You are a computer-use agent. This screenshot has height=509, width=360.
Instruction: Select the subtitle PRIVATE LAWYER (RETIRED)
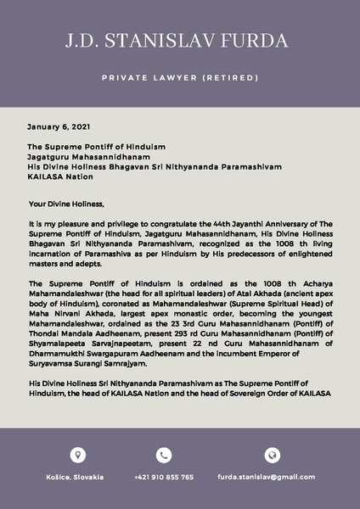click(179, 77)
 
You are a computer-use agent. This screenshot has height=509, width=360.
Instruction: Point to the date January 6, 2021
click(58, 126)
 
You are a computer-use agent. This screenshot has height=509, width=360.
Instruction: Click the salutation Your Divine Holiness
click(65, 203)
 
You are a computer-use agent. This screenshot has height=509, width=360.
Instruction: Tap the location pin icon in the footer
click(77, 456)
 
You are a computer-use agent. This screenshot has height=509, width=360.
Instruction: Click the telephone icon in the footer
click(163, 456)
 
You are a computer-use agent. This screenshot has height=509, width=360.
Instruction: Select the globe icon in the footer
click(271, 456)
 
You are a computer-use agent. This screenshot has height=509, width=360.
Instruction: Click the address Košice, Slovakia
click(75, 477)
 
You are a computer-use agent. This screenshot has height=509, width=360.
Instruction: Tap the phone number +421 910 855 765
click(164, 477)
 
